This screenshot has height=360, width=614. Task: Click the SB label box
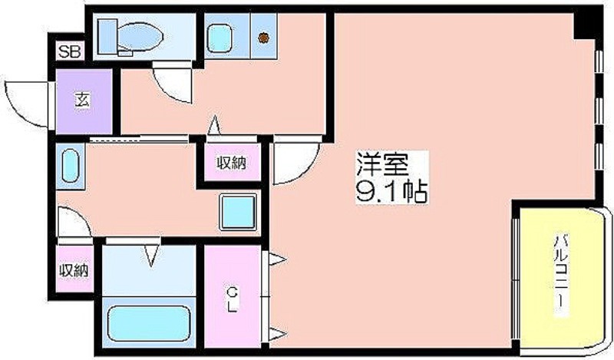pyautogui.click(x=70, y=51)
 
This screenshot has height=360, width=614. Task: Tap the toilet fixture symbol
pyautogui.click(x=130, y=37)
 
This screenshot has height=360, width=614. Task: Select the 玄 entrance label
pyautogui.click(x=83, y=101)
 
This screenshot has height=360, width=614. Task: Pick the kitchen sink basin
pyautogui.click(x=220, y=38)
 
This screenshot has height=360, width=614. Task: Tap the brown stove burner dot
pyautogui.click(x=263, y=38)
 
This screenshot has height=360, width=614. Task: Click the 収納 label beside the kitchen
pyautogui.click(x=233, y=162)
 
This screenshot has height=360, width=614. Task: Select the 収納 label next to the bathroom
pyautogui.click(x=74, y=270)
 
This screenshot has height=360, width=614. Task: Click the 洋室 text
pyautogui.click(x=381, y=163)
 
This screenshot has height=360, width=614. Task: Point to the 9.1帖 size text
pyautogui.click(x=391, y=191)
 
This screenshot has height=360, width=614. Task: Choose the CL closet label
pyautogui.click(x=233, y=299)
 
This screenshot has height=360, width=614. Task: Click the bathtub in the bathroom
pyautogui.click(x=149, y=323)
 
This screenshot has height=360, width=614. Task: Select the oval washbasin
pyautogui.click(x=71, y=166)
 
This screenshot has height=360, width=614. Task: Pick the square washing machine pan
pyautogui.click(x=238, y=212)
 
